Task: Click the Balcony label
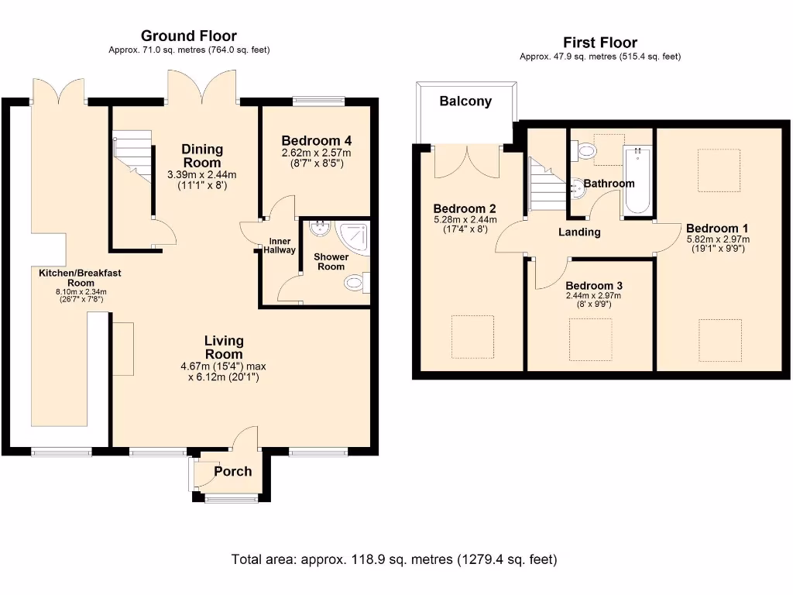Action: [x=465, y=101]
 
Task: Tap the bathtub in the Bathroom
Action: [x=637, y=181]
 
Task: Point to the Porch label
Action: [x=232, y=471]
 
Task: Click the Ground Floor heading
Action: [x=189, y=36]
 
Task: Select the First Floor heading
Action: [x=600, y=43]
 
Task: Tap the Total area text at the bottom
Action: [x=394, y=559]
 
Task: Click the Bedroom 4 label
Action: [x=317, y=141]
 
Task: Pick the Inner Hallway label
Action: [x=281, y=246]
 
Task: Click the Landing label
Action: [x=579, y=232]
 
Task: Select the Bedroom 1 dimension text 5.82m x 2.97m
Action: [x=717, y=239]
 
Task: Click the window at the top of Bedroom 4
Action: [x=318, y=99]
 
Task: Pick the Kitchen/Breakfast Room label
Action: [x=80, y=277]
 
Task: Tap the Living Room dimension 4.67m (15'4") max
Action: [x=224, y=366]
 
